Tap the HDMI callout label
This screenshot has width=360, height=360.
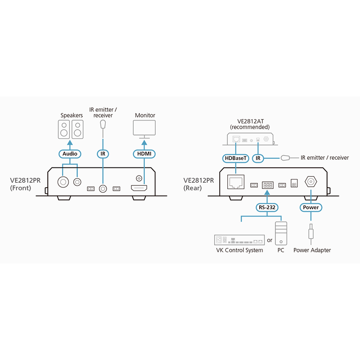pyautogui.click(x=145, y=153)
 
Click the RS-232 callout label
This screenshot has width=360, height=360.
pyautogui.click(x=266, y=207)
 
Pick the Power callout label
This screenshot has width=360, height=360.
pyautogui.click(x=311, y=207)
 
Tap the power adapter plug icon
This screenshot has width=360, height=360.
pyautogui.click(x=311, y=233)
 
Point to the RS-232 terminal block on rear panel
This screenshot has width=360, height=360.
pyautogui.click(x=267, y=184)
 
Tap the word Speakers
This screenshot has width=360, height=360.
pyautogui.click(x=72, y=116)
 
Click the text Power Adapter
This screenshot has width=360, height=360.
pyautogui.click(x=312, y=250)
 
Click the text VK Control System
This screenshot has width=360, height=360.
pyautogui.click(x=239, y=250)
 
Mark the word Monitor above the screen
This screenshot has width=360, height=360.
pyautogui.click(x=145, y=116)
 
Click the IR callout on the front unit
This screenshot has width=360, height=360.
pyautogui.click(x=103, y=153)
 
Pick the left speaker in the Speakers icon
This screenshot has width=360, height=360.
pyautogui.click(x=64, y=129)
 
